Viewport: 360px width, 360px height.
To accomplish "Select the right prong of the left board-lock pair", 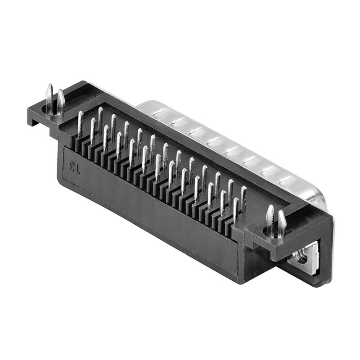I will tap(60, 101).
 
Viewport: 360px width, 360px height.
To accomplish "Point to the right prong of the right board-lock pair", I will tap(282, 223).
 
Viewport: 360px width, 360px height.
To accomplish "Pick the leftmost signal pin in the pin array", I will tap(80, 123).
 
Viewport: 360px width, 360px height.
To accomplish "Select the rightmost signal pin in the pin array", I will tap(243, 198).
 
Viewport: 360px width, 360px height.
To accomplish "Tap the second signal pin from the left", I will tap(93, 130).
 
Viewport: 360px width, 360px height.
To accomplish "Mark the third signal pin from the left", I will tap(100, 119).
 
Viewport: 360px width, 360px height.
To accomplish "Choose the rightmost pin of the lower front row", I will tap(235, 209).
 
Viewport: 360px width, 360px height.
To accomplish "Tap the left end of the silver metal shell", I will tap(144, 106).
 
